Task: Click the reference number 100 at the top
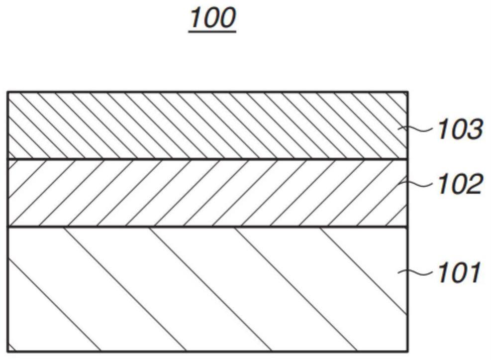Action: tap(212, 18)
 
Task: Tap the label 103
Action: tap(460, 130)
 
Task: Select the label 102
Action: tap(460, 185)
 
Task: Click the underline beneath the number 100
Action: tap(212, 32)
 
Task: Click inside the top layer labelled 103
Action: tap(199, 125)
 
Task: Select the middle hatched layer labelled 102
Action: tap(199, 193)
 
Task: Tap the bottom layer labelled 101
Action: tap(199, 289)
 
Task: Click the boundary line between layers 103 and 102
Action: tap(199, 159)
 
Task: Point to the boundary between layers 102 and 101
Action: tap(199, 227)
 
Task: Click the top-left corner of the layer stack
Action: tap(8, 92)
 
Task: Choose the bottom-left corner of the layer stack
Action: tap(8, 352)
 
